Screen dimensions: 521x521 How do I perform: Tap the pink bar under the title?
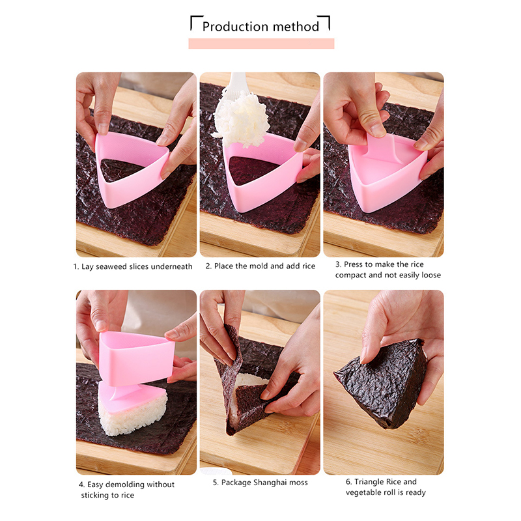pyautogui.click(x=261, y=44)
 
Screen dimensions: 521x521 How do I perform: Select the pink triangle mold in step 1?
pyautogui.click(x=132, y=169)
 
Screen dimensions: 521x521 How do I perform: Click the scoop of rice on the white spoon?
pyautogui.click(x=242, y=120)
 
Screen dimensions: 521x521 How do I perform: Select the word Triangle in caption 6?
pyautogui.click(x=368, y=482)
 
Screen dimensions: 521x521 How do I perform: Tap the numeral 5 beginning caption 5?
pyautogui.click(x=215, y=483)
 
